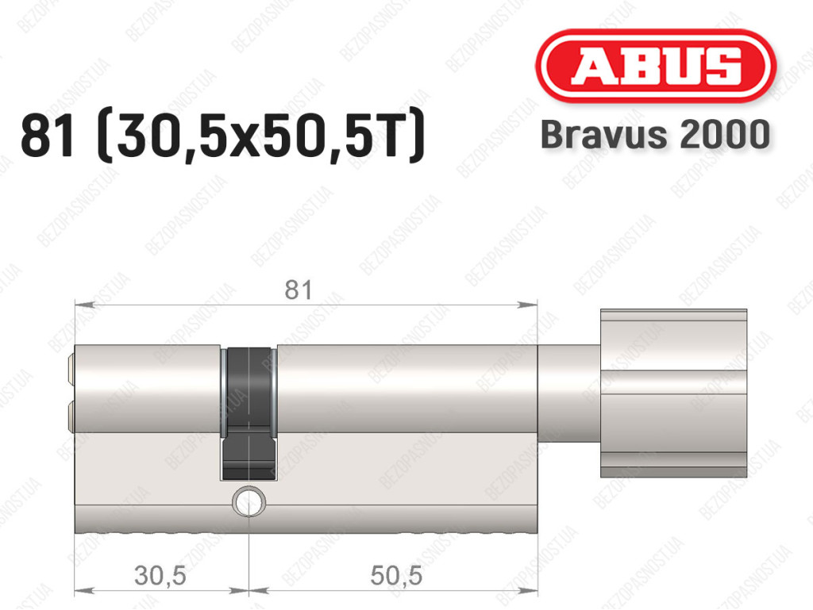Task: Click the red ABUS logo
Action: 655,66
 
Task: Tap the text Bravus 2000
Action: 655,134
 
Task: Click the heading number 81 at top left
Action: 47,136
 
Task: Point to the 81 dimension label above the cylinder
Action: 299,290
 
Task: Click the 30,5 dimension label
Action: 160,575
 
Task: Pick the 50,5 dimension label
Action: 397,575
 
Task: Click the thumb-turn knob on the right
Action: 673,393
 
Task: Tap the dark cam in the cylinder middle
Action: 248,413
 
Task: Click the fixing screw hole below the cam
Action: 249,501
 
